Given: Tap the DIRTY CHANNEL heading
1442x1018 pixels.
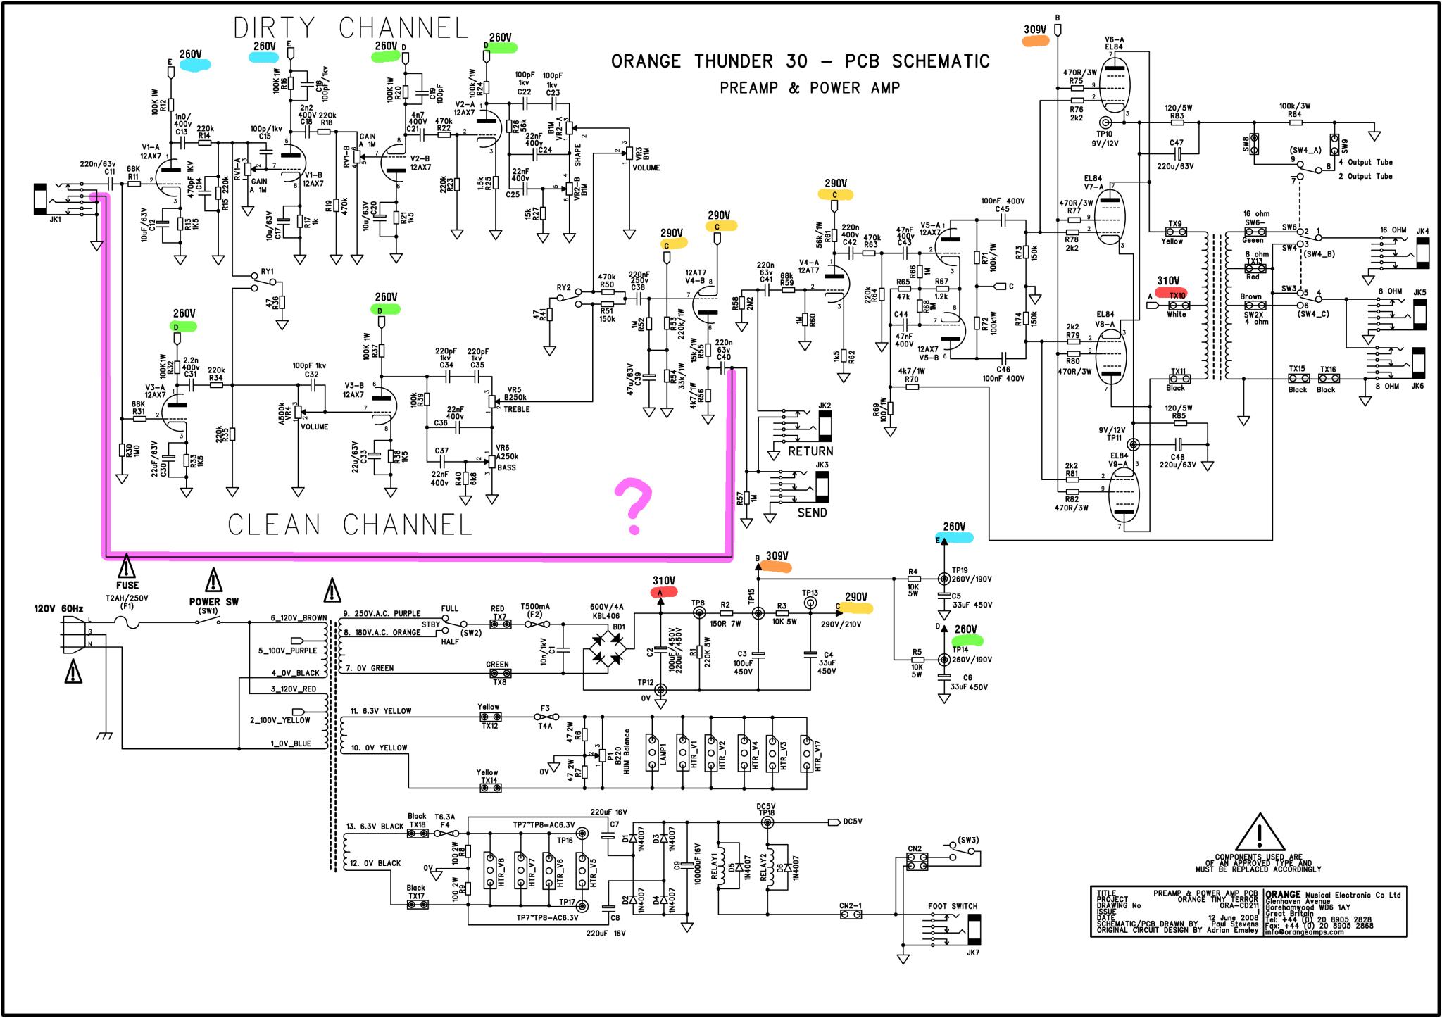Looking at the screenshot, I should (x=351, y=28).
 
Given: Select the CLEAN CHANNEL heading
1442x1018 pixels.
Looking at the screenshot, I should (x=349, y=525).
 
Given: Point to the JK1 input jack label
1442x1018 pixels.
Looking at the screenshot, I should (x=55, y=220).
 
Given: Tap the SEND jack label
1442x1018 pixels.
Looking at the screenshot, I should (x=812, y=513).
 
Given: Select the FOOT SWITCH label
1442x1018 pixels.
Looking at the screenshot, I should (x=952, y=906).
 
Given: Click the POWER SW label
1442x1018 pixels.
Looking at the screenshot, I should (x=213, y=602).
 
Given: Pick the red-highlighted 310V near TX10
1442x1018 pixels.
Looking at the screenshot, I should (x=1168, y=282).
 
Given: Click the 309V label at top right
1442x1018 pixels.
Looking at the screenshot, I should (x=1035, y=30).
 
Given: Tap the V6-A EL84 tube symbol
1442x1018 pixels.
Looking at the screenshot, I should (x=1114, y=86).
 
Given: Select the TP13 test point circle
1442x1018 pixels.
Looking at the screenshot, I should (x=810, y=613).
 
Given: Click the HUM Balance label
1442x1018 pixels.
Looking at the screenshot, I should (x=627, y=752).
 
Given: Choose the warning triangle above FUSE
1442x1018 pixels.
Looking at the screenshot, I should (x=126, y=565).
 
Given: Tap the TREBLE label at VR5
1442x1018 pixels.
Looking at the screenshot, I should (x=517, y=409).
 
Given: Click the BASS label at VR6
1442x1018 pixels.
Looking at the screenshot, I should (x=506, y=467).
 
